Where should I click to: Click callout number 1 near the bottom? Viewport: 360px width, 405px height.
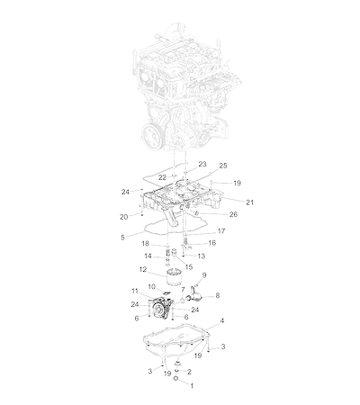click(192, 386)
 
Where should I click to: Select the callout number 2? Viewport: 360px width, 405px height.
click(189, 372)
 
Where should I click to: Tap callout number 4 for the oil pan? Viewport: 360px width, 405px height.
click(222, 320)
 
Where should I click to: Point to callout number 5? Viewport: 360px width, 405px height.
click(122, 238)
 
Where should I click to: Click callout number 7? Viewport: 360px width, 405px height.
click(183, 290)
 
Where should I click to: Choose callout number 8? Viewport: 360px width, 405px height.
click(218, 295)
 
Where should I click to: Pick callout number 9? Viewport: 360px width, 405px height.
click(204, 274)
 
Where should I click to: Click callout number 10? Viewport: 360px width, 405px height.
click(152, 287)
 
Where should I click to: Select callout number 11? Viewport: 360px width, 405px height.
click(135, 291)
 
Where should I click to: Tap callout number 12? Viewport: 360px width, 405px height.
click(143, 269)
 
